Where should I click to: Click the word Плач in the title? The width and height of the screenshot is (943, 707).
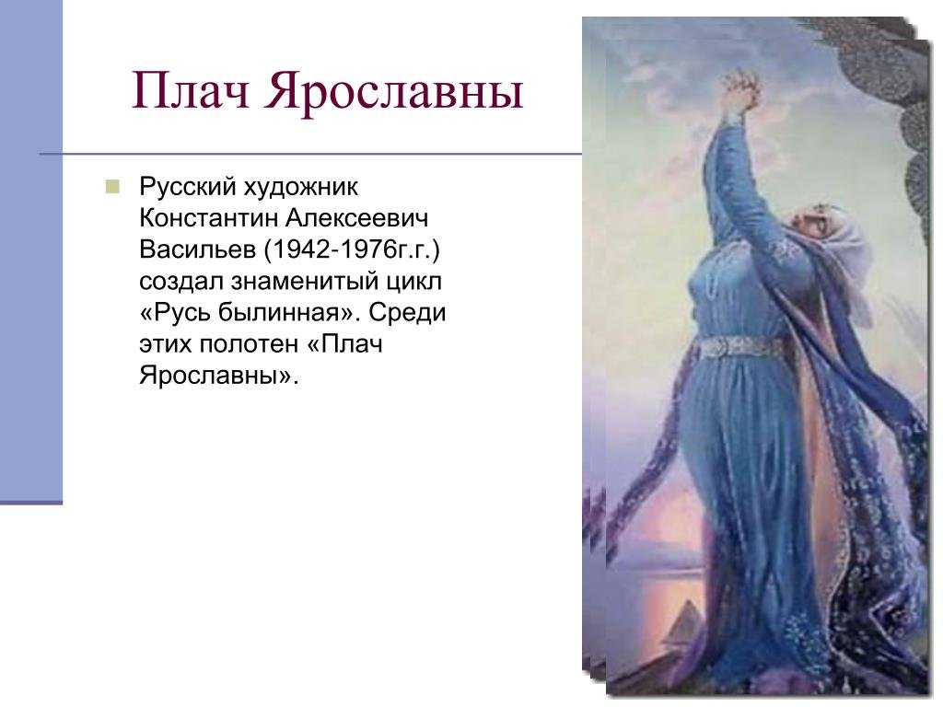[x=191, y=90]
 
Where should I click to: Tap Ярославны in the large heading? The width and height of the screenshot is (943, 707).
[x=393, y=91]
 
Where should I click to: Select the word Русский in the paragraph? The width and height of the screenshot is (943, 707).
[x=187, y=187]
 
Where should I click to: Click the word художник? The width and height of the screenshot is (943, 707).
[x=301, y=187]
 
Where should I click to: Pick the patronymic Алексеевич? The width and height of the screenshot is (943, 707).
[x=356, y=218]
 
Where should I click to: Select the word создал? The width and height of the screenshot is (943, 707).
[x=181, y=282]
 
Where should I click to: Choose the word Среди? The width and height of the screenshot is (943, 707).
[x=407, y=313]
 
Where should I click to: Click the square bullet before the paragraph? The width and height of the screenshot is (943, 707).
[x=112, y=186]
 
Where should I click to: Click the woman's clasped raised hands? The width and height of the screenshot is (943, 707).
[x=741, y=90]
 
